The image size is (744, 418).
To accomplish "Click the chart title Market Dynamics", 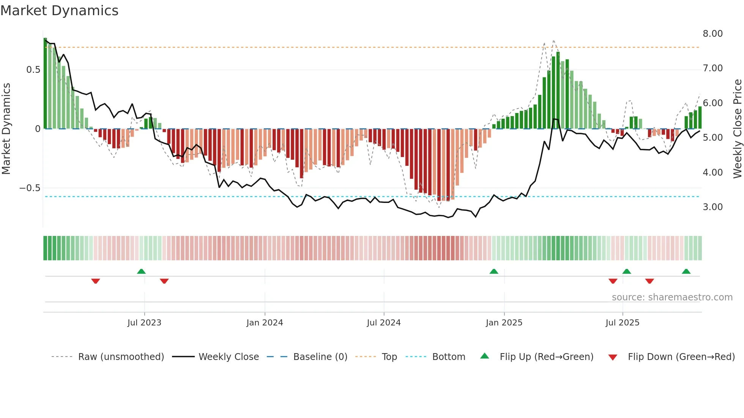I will click(60, 11).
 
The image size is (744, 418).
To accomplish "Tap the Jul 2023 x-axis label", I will click(144, 323).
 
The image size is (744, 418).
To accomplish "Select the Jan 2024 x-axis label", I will click(265, 323).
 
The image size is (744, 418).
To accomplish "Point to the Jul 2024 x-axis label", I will click(384, 323).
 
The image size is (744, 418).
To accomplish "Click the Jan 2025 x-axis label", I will click(504, 323).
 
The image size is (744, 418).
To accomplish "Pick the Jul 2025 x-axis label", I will click(623, 323).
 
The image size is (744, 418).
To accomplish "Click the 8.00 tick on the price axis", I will click(712, 34).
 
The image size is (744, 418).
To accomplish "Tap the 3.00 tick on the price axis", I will click(712, 207).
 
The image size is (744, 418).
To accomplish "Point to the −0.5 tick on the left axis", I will click(30, 188).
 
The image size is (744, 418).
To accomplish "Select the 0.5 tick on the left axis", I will click(33, 70).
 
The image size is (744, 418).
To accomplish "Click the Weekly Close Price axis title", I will click(737, 129).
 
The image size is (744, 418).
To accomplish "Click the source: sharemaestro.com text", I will click(672, 297).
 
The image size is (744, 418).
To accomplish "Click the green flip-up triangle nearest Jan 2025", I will click(494, 271).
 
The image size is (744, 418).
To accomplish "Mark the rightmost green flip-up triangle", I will click(686, 271).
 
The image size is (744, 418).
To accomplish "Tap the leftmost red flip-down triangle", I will click(96, 281).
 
